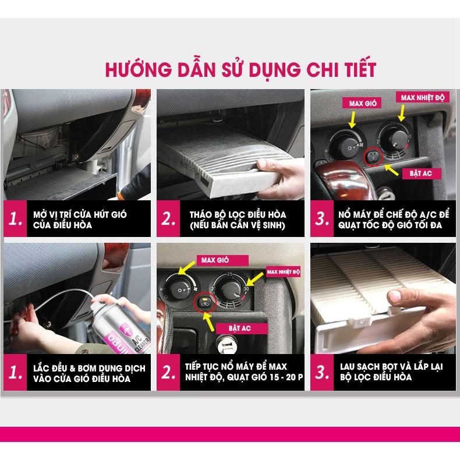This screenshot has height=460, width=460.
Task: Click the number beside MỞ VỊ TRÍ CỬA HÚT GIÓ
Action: click(16, 220)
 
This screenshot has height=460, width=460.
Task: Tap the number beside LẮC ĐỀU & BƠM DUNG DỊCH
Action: click(16, 373)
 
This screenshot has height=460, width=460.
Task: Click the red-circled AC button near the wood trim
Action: click(371, 155)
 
